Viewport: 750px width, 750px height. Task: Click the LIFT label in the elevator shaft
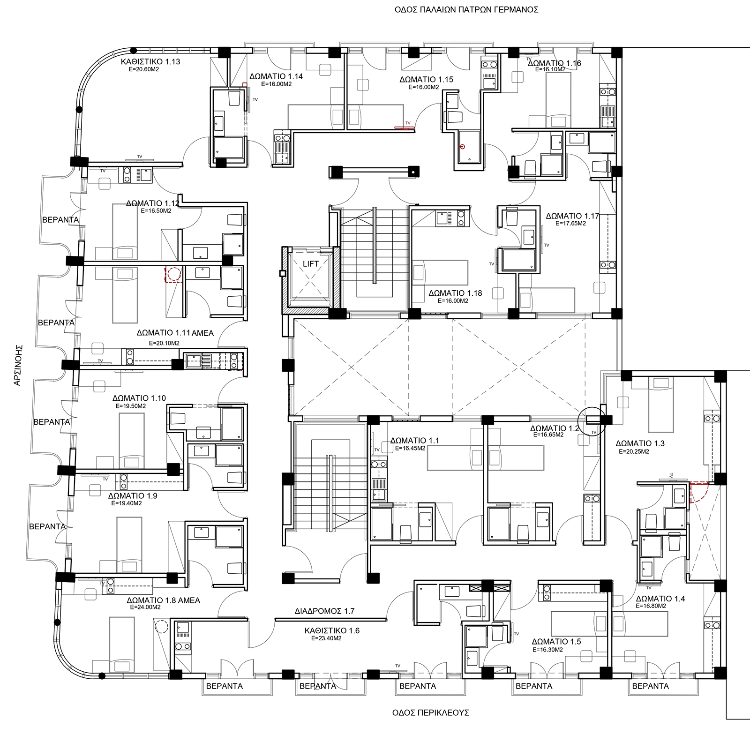pos(310,264)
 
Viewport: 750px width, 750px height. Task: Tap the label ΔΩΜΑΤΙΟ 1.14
pos(276,76)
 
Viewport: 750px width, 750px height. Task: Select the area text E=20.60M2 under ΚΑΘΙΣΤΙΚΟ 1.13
pos(144,69)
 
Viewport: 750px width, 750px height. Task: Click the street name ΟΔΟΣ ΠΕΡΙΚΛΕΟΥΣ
pos(430,712)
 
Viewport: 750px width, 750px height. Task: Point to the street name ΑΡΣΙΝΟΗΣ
pos(18,365)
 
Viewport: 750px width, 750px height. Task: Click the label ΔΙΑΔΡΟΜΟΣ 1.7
pos(324,611)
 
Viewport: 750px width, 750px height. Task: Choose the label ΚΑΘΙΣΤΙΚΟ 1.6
pos(331,630)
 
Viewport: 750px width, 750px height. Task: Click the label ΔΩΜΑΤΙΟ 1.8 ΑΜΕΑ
pos(163,600)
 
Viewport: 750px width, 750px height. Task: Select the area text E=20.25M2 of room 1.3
pos(634,451)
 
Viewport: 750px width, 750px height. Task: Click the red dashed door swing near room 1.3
pos(698,492)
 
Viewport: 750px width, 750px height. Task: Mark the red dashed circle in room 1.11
pos(173,274)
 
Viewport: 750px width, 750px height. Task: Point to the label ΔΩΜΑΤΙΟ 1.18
pos(455,293)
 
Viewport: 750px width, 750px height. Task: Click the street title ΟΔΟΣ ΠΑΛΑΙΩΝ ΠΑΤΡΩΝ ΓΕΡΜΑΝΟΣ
pos(466,9)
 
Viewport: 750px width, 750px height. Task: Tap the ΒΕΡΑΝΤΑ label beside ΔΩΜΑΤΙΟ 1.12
pos(60,219)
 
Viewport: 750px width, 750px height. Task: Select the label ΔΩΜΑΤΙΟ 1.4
pos(660,599)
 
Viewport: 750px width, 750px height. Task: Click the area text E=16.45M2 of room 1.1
pos(410,448)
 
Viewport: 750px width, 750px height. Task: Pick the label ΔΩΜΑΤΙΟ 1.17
pos(572,216)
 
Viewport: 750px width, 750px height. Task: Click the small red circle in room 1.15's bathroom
pos(462,147)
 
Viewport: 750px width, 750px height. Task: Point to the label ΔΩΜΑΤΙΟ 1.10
pos(139,398)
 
